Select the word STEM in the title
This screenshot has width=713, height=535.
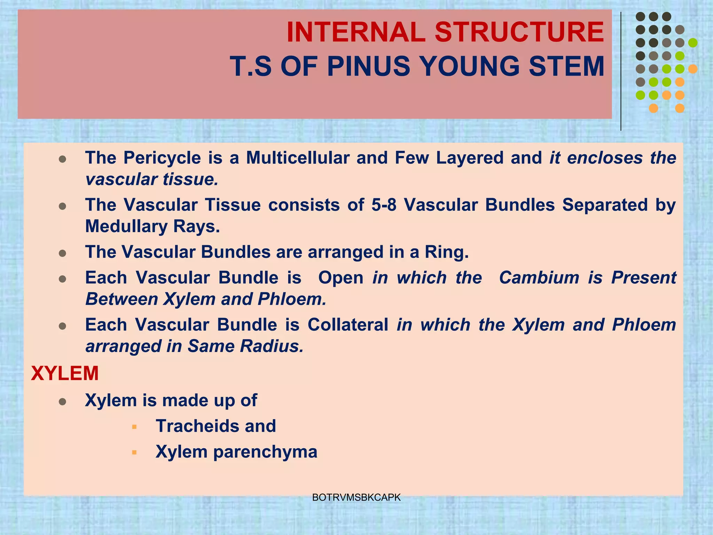(x=566, y=66)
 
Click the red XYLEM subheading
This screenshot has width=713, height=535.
(x=65, y=373)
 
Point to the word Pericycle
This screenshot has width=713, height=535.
(x=162, y=158)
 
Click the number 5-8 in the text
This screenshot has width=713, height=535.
(x=384, y=205)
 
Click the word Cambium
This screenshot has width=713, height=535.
(x=539, y=278)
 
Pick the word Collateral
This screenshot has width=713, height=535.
(x=348, y=325)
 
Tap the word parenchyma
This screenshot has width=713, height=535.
(x=265, y=452)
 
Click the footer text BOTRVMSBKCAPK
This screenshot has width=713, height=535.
(x=356, y=497)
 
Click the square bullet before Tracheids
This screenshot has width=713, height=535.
(x=134, y=427)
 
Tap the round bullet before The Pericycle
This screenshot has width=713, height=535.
(x=63, y=159)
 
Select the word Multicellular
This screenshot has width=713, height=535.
(x=298, y=158)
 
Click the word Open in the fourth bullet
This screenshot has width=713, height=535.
(x=340, y=278)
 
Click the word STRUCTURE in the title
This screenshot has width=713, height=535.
(x=519, y=32)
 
